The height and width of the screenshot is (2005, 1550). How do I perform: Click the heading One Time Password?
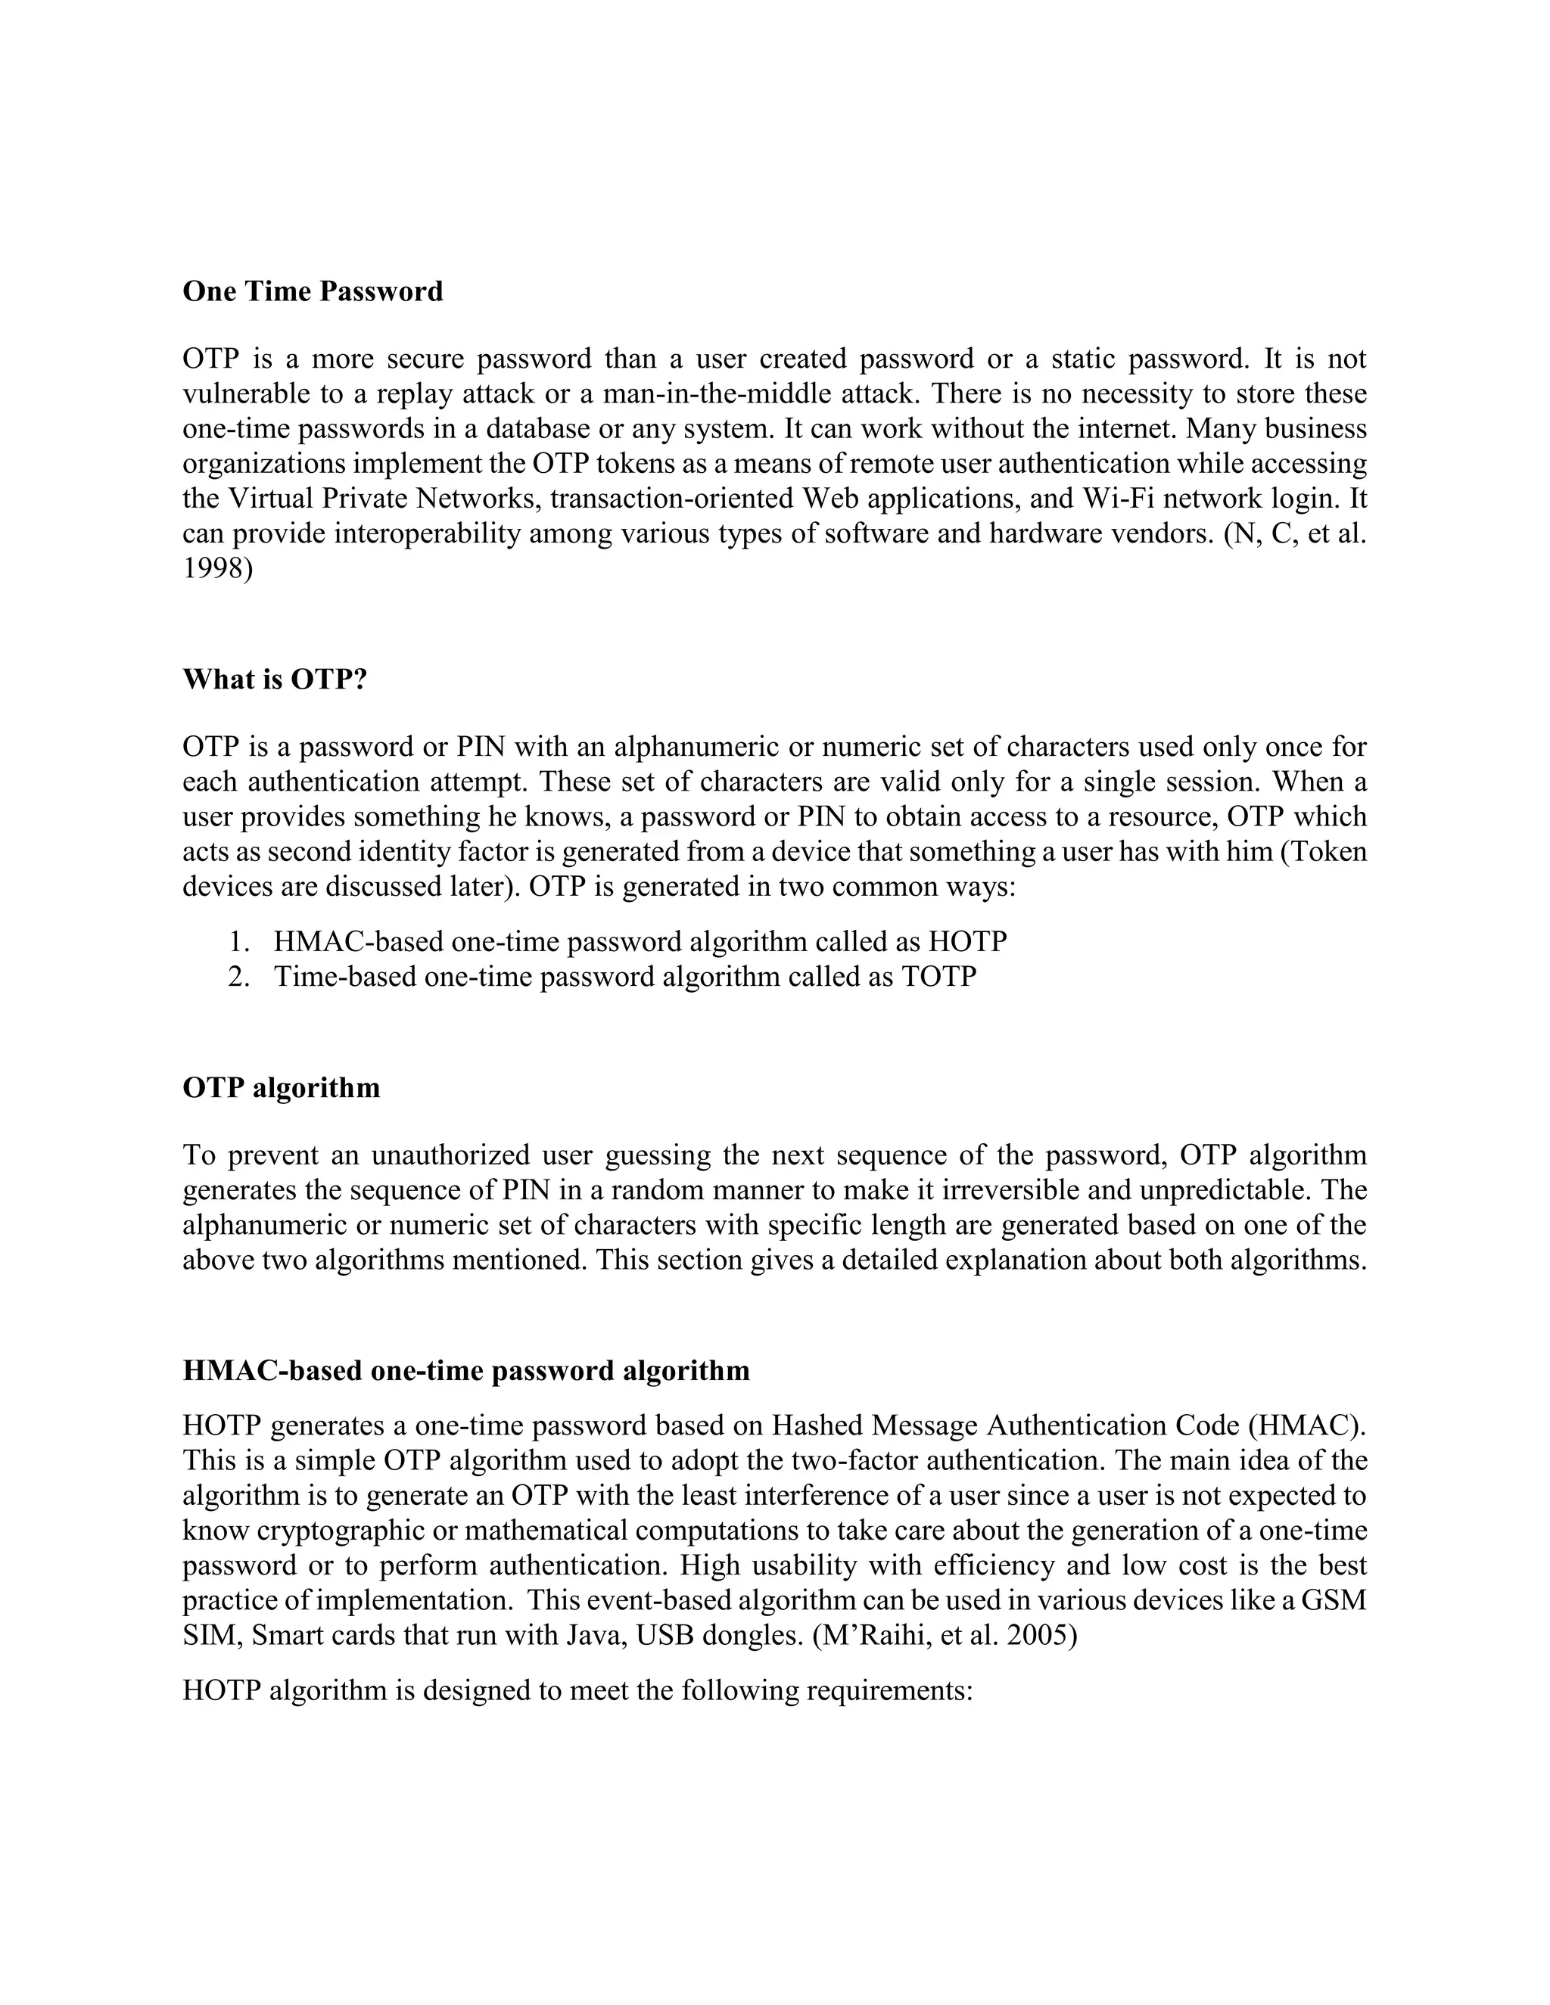313,291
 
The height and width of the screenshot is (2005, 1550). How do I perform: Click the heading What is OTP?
275,679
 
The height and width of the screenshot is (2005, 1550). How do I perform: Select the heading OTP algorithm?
281,1088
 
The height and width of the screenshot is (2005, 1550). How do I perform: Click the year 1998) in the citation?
218,568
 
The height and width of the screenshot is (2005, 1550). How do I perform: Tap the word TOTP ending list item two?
938,977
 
